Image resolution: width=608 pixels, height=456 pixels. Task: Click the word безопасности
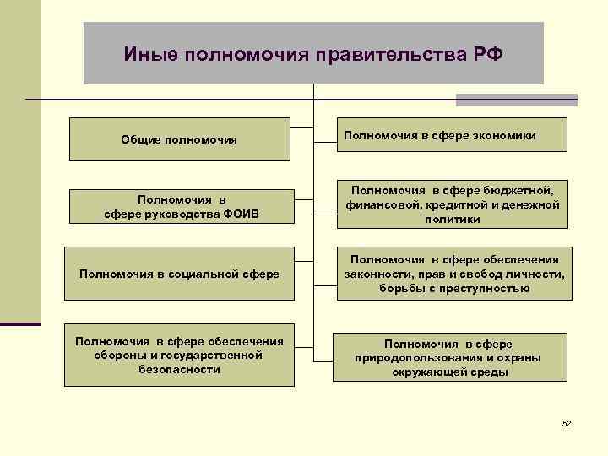click(x=178, y=370)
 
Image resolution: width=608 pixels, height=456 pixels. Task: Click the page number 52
click(x=567, y=422)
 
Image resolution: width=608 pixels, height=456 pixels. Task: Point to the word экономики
click(x=503, y=134)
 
